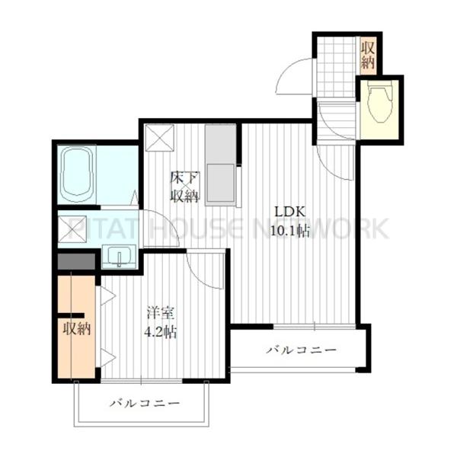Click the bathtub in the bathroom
78,174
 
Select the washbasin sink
119,256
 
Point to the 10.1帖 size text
290,231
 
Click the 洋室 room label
161,313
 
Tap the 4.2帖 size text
161,331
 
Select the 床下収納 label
185,187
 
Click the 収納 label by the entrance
368,55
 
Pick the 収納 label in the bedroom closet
77,329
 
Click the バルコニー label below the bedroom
145,404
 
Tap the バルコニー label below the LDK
302,350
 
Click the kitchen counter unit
221,165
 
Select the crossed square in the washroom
72,229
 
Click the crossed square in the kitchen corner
160,138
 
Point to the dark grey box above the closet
76,261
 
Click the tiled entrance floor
337,67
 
